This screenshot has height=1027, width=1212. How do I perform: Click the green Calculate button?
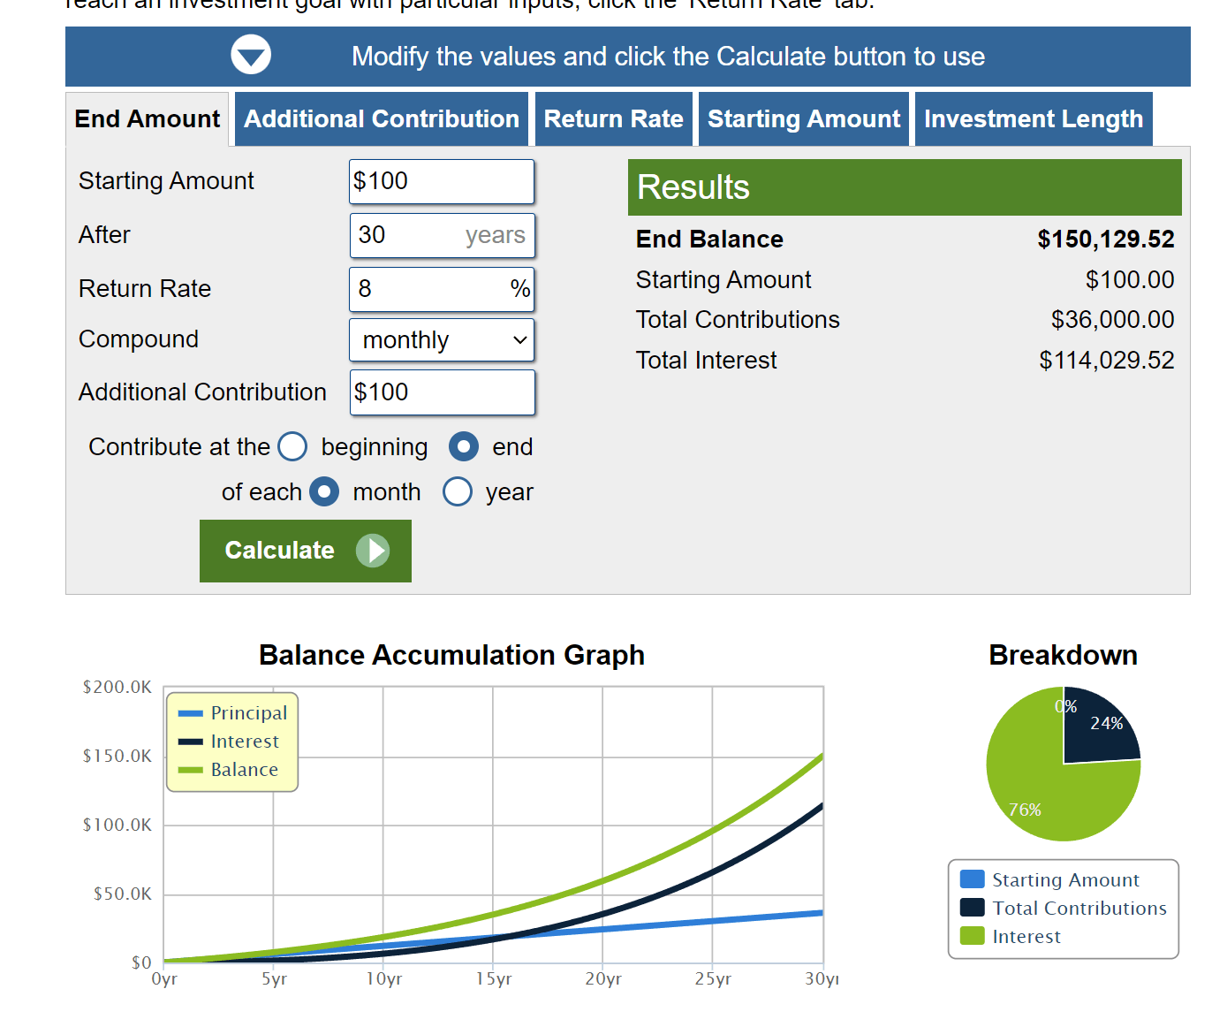[305, 551]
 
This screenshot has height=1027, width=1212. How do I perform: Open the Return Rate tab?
[613, 119]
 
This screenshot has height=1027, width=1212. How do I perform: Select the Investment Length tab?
[1033, 119]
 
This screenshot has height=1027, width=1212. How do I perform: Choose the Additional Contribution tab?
[382, 119]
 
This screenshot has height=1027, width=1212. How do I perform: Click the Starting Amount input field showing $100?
[441, 181]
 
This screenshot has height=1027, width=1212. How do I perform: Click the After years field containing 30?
[406, 235]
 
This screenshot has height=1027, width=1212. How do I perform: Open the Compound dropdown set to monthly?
[442, 340]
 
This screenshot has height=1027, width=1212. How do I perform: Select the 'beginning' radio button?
[292, 447]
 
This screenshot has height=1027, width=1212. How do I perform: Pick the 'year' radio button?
[458, 491]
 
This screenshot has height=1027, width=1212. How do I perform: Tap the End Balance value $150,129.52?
[1105, 240]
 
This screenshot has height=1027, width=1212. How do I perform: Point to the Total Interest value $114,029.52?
[1106, 361]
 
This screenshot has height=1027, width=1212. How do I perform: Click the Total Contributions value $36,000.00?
[1112, 320]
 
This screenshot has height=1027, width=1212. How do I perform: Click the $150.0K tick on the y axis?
[117, 756]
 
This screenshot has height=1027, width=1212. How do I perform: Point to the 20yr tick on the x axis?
[603, 979]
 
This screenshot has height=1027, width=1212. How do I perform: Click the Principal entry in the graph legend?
[248, 713]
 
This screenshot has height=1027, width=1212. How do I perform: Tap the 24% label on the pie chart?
[1106, 723]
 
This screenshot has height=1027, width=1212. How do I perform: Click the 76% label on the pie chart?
[1025, 810]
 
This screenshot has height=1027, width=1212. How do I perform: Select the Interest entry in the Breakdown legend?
[1026, 937]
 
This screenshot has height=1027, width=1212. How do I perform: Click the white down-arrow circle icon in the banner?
[251, 56]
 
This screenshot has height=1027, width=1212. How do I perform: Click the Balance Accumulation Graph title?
[451, 655]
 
